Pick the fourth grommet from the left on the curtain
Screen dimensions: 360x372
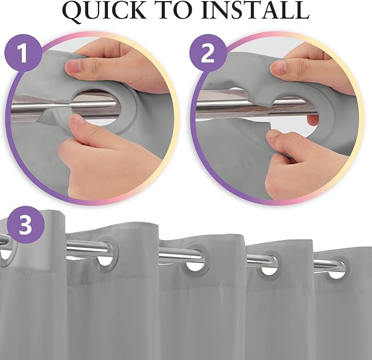[269, 264]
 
